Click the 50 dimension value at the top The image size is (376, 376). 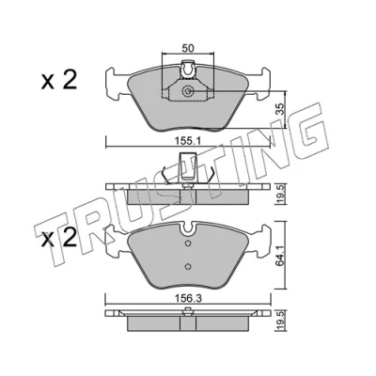(188, 49)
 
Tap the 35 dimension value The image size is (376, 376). (280, 109)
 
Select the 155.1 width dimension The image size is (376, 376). (187, 141)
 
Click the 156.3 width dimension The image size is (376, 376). (187, 299)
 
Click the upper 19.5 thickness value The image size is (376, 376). (280, 194)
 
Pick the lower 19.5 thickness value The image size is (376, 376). (280, 321)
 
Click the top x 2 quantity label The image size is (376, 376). (59, 80)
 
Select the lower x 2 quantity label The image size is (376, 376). (59, 238)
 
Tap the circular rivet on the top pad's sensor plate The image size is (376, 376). (188, 91)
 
